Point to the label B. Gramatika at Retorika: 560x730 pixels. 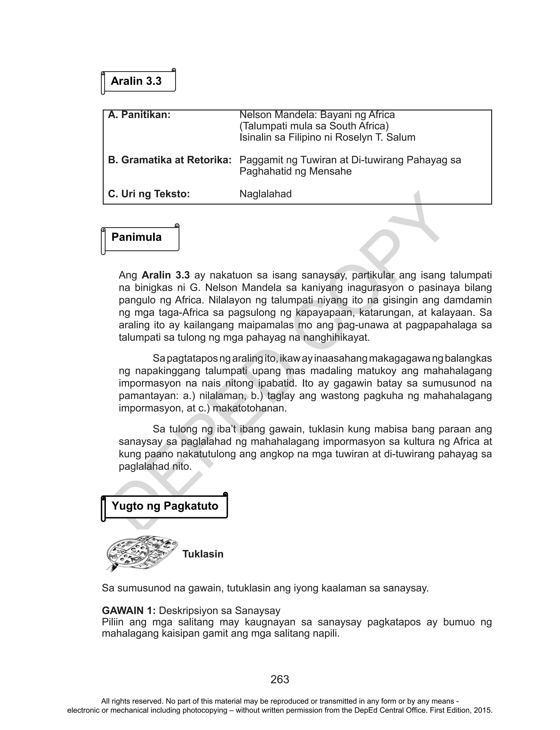click(x=170, y=160)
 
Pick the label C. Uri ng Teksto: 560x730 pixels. click(x=149, y=194)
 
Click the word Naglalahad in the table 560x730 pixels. click(x=265, y=194)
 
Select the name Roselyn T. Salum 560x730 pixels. click(x=375, y=137)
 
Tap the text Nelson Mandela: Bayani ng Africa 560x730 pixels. click(x=317, y=115)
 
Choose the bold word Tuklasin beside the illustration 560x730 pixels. click(x=203, y=554)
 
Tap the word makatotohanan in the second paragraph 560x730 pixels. click(x=249, y=408)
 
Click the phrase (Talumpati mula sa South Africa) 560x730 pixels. click(x=314, y=126)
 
